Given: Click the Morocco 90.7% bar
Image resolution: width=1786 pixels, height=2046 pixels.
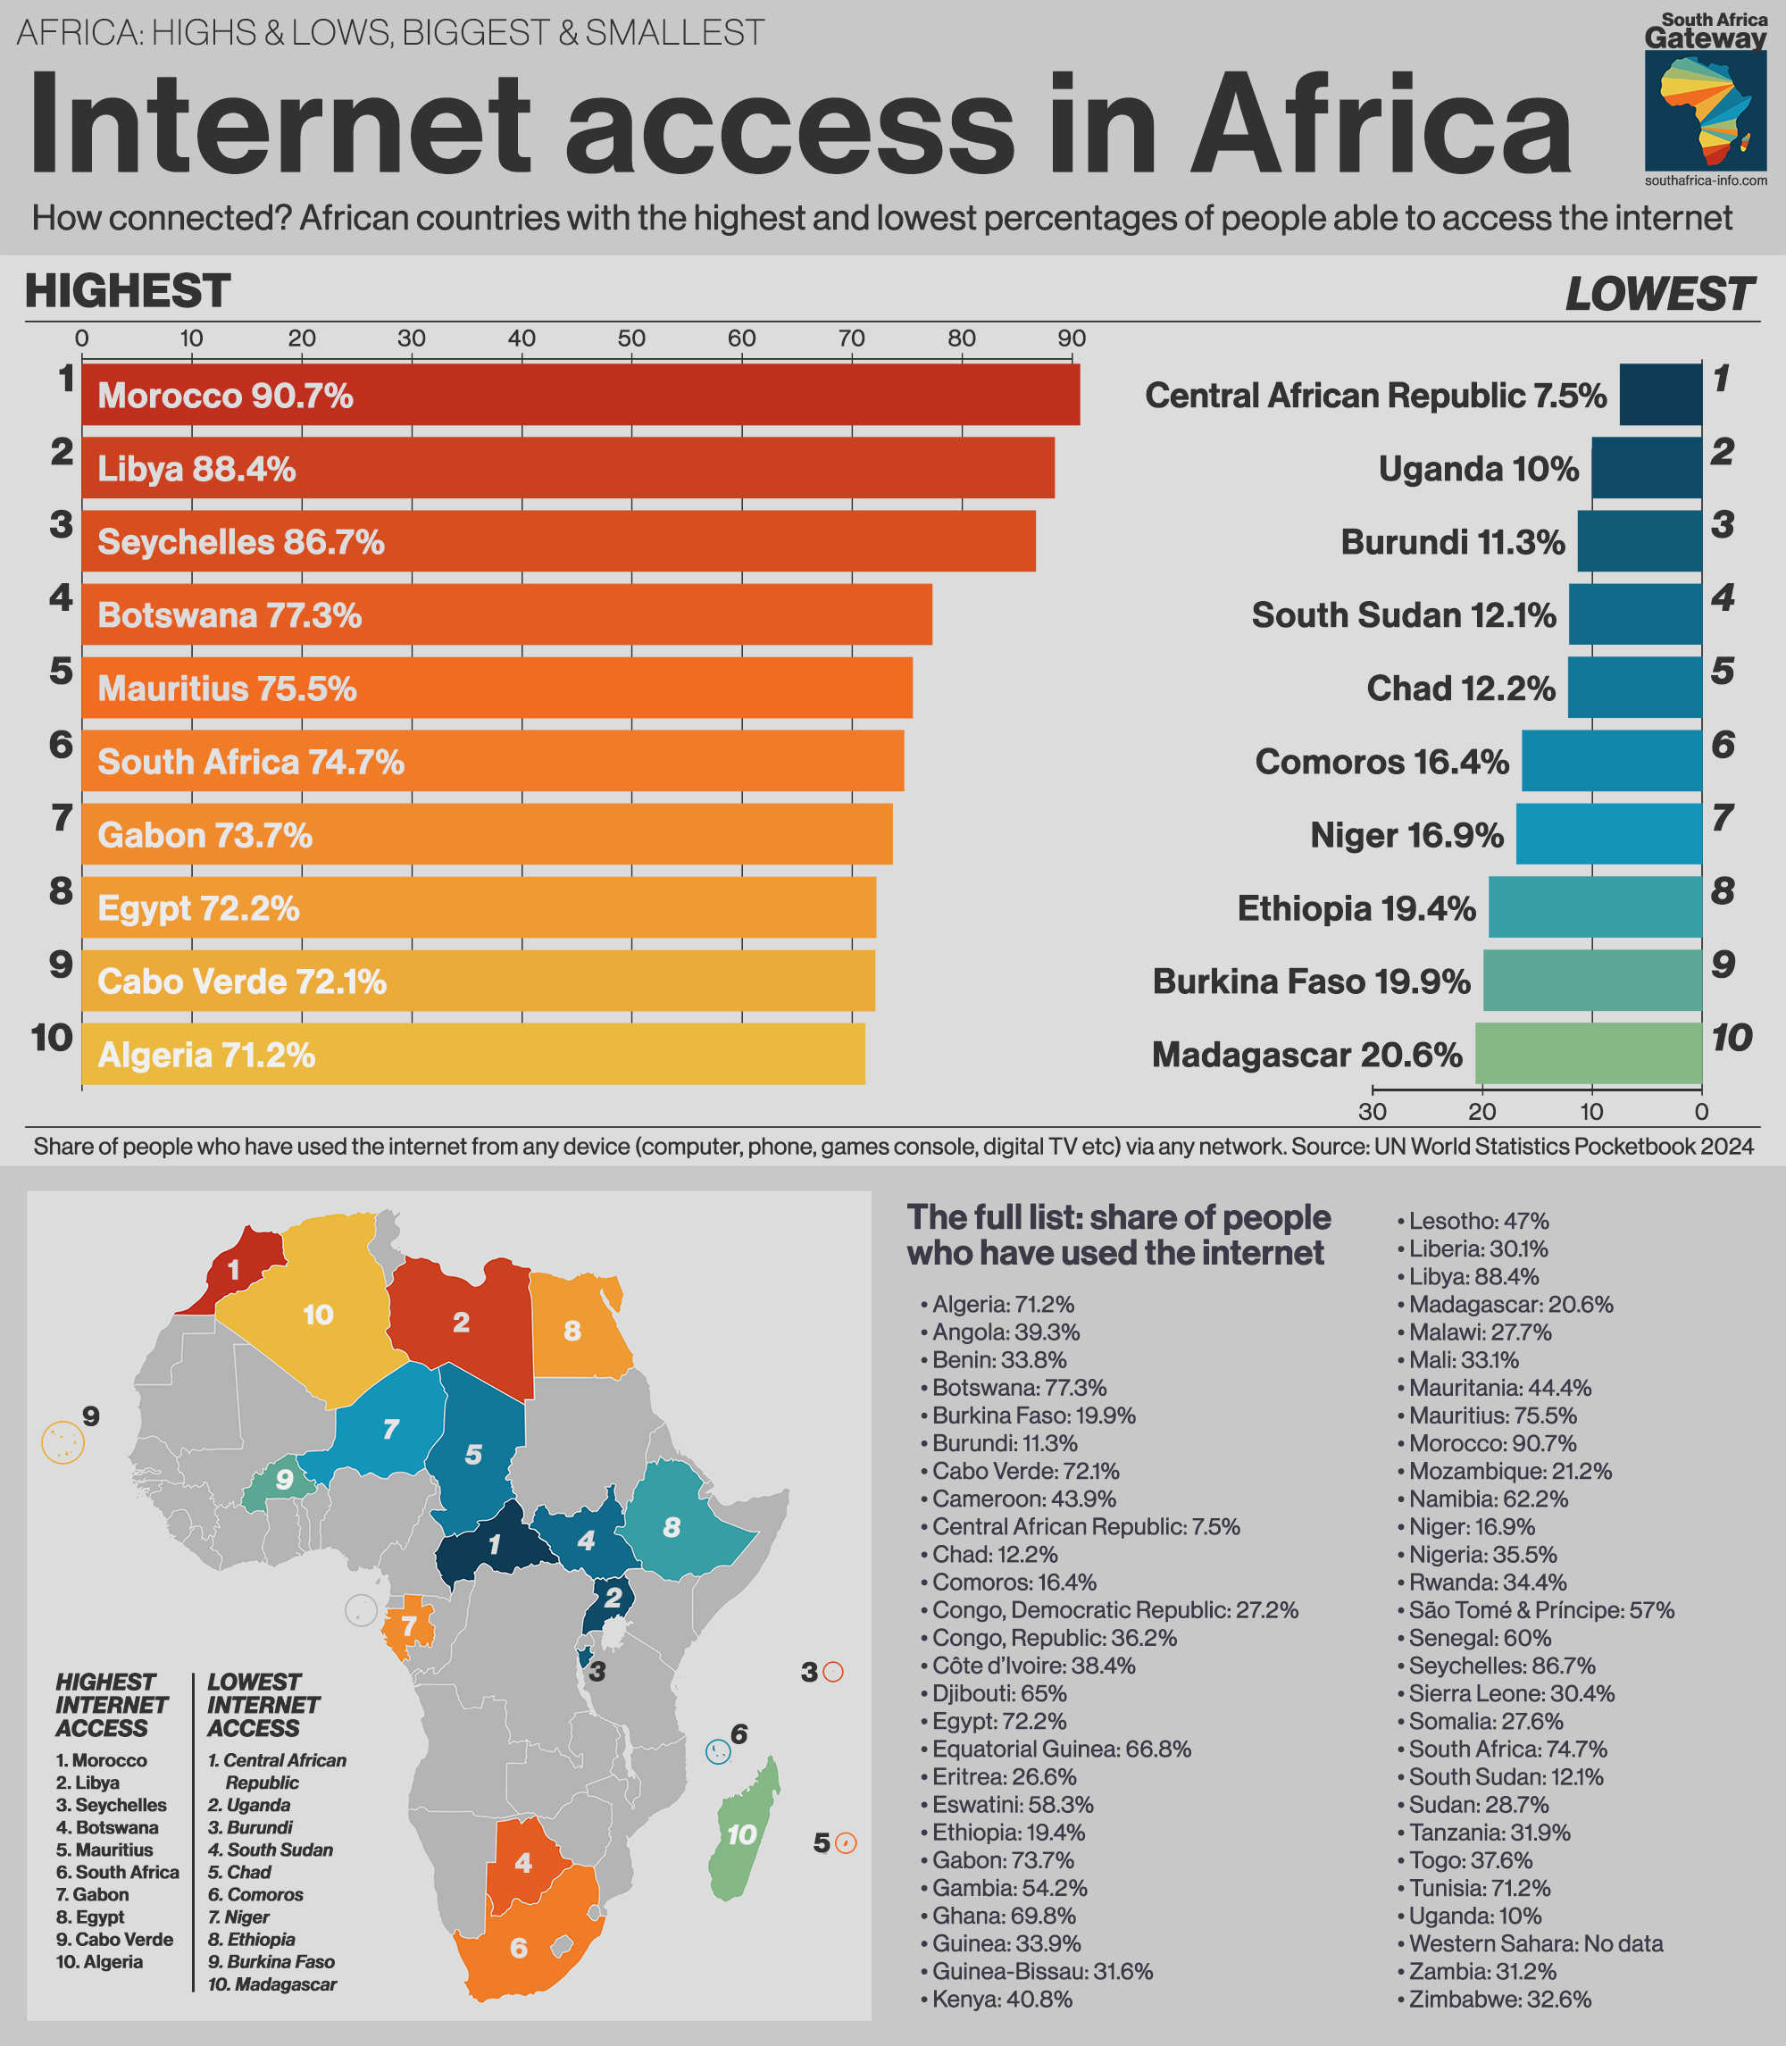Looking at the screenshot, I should [x=580, y=395].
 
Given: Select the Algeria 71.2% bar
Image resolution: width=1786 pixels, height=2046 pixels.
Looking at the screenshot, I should [x=472, y=1054].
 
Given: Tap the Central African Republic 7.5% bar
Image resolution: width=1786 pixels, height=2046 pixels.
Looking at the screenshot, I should [x=1660, y=395].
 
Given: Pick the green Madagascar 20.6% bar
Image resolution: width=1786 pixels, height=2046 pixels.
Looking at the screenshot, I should [x=1589, y=1054].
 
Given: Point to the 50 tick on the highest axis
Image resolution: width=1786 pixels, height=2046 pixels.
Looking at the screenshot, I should [x=630, y=338].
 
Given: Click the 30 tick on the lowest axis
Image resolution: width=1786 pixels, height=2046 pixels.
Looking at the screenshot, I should [x=1373, y=1111].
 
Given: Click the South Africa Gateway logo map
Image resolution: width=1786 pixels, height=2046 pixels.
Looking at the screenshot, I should [x=1706, y=112].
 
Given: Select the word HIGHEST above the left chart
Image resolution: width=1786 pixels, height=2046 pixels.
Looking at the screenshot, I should [x=128, y=291].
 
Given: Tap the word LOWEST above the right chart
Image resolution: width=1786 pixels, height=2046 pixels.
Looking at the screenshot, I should [x=1658, y=294].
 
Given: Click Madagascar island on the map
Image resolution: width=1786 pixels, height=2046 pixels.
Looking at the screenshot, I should [x=744, y=1832].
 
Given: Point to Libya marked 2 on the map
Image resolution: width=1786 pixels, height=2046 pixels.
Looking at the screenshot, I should [x=461, y=1323].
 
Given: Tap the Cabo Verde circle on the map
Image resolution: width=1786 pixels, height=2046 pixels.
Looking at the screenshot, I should [x=63, y=1442].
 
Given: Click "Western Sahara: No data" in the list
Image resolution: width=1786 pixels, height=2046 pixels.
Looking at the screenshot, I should [x=1535, y=1943].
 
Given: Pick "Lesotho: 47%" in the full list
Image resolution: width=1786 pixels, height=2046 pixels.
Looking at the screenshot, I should [x=1478, y=1221].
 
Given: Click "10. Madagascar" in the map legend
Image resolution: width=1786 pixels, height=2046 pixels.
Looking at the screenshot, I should [x=272, y=1984].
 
